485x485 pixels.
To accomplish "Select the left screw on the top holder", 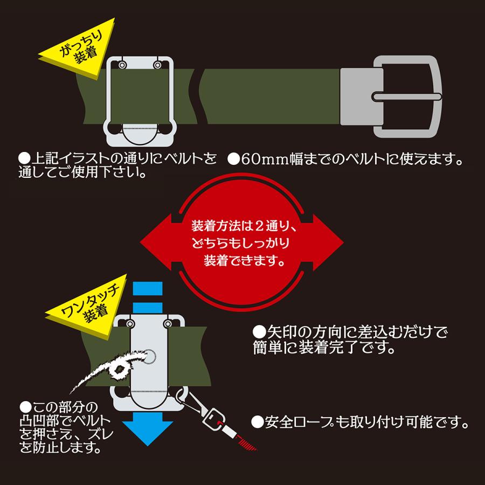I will [122, 65].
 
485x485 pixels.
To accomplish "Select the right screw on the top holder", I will [157, 65].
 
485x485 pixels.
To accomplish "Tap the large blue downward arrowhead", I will [147, 429].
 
